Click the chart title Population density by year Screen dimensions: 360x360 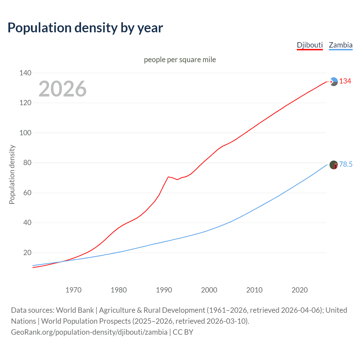coord(85,28)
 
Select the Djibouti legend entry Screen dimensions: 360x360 coord(310,45)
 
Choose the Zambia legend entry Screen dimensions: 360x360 coord(340,45)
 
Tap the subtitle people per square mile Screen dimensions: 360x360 coord(180,60)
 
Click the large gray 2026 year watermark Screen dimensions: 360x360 coord(62,89)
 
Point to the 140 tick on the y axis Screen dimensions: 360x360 coord(25,73)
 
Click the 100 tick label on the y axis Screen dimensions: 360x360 coord(25,133)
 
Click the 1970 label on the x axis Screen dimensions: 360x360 coord(73,290)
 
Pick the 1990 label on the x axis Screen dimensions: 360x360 coord(164,290)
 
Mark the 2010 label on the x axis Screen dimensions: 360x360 coord(254,290)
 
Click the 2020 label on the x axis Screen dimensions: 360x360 coord(300,290)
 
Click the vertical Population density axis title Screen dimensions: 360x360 coord(12,174)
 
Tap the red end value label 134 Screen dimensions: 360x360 coord(345,81)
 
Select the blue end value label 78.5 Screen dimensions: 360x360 coord(346,164)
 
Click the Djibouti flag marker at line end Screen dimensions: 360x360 coord(334,82)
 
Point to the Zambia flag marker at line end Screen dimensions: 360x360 coord(334,165)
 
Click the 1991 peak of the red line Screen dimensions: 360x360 coord(168,177)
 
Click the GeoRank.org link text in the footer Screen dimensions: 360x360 coord(89,332)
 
